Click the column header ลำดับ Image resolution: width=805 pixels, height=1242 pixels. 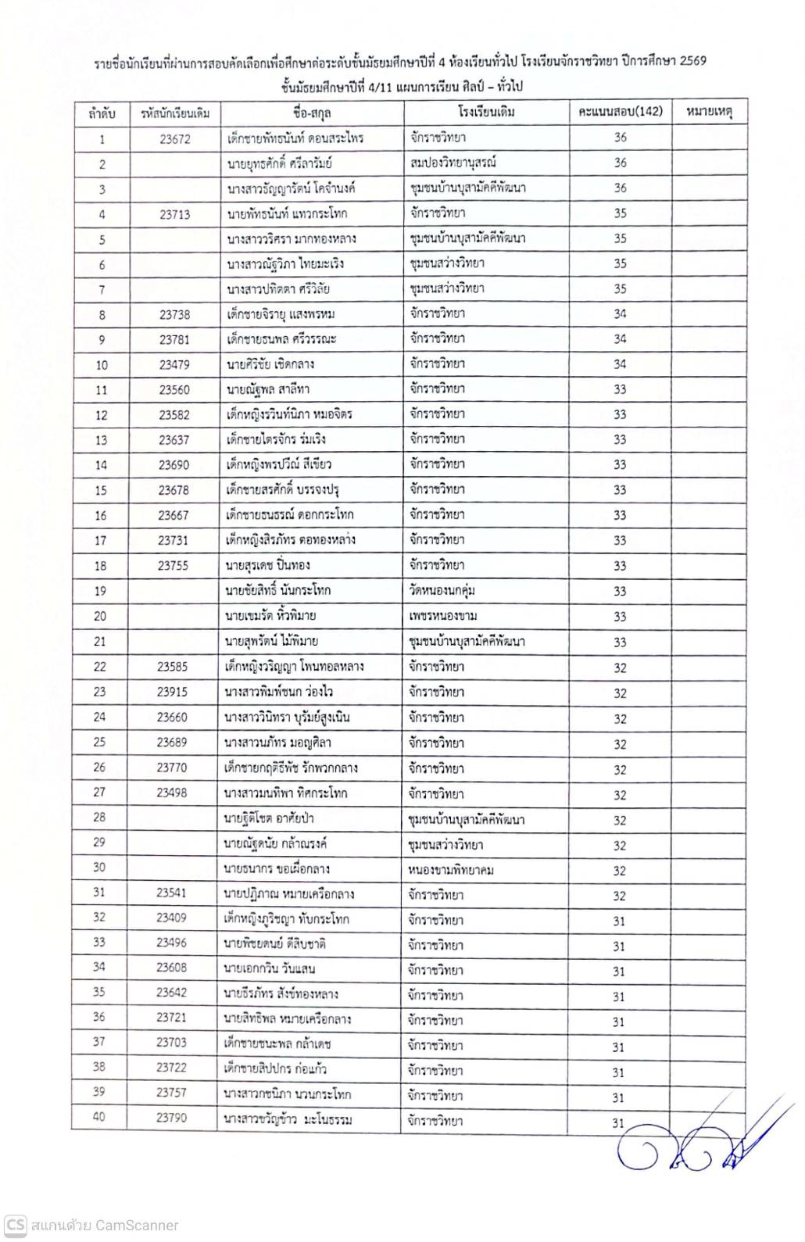click(102, 113)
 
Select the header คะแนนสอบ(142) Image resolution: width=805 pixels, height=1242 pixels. click(620, 112)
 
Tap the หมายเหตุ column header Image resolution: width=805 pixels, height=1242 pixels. click(708, 112)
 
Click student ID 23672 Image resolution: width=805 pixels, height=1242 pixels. click(174, 139)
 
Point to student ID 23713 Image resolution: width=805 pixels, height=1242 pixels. click(174, 214)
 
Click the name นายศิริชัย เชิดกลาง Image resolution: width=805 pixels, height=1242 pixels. click(270, 364)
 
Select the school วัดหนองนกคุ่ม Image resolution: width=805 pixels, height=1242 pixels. click(442, 590)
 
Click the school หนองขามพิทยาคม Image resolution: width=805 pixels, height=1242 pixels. click(450, 870)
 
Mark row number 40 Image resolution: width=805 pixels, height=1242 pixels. click(99, 1118)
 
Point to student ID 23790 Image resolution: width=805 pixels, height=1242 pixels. click(171, 1118)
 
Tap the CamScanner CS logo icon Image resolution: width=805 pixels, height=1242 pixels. click(16, 1225)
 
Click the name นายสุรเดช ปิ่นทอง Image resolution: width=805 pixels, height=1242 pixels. click(267, 565)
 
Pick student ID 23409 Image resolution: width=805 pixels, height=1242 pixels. click(171, 919)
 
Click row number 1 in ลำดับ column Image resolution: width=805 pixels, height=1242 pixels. click(102, 139)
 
